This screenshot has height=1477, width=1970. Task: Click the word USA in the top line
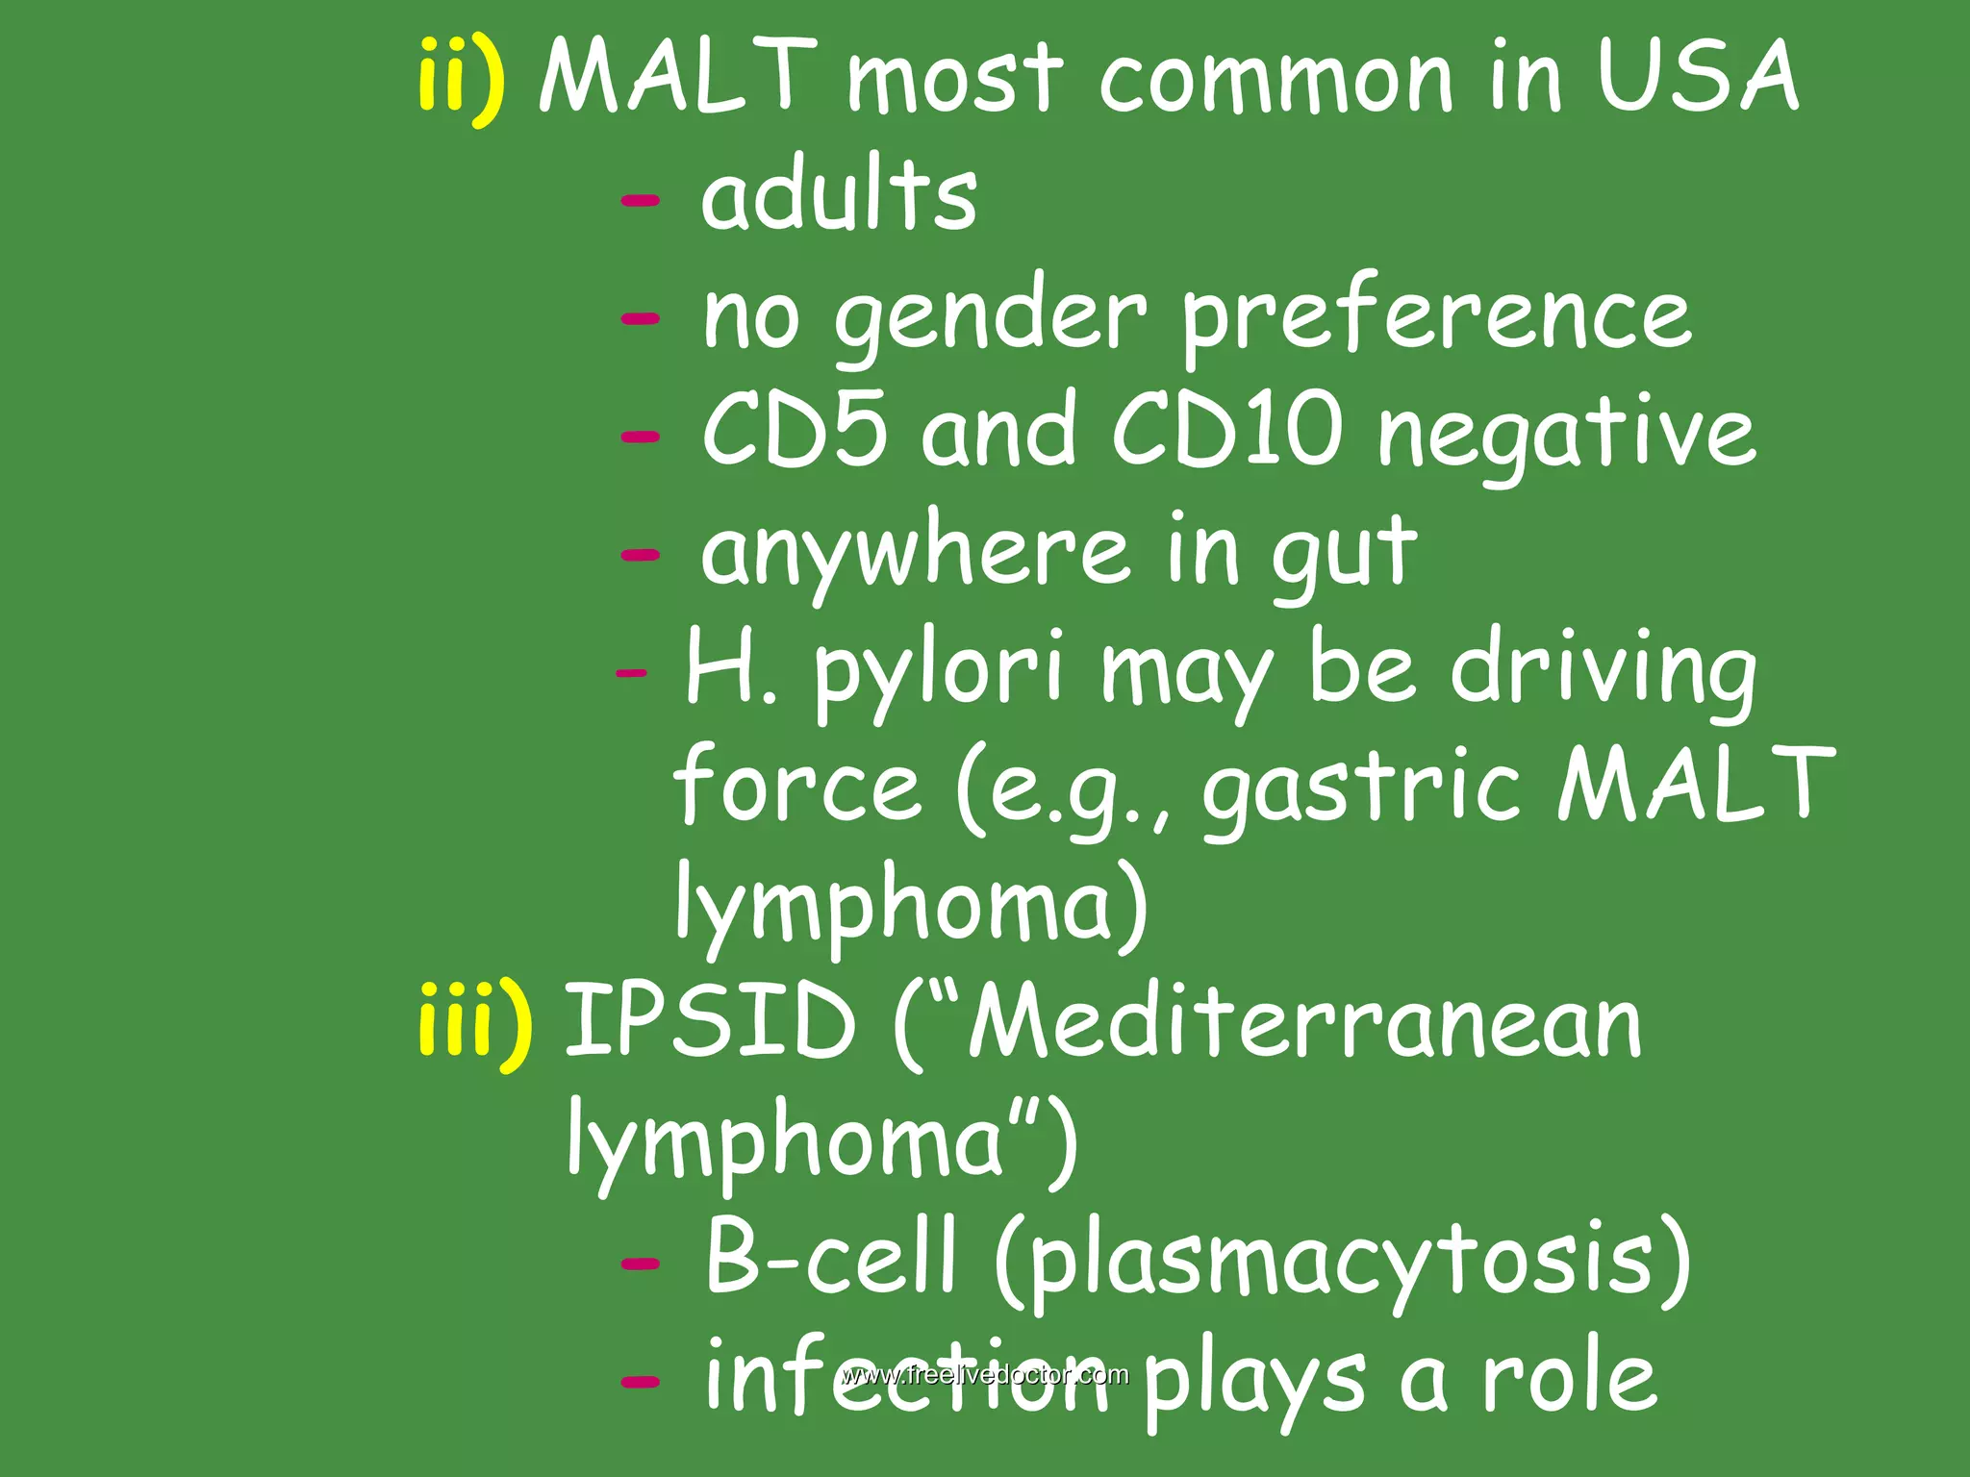click(x=1698, y=77)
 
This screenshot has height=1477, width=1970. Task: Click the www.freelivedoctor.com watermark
click(x=984, y=1374)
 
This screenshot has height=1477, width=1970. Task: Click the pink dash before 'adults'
click(x=641, y=200)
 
